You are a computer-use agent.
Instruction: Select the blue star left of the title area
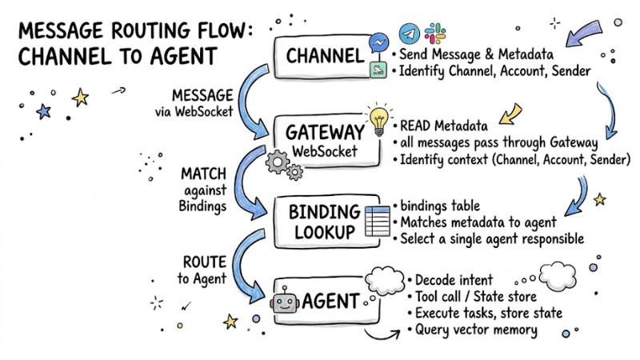(44, 110)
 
